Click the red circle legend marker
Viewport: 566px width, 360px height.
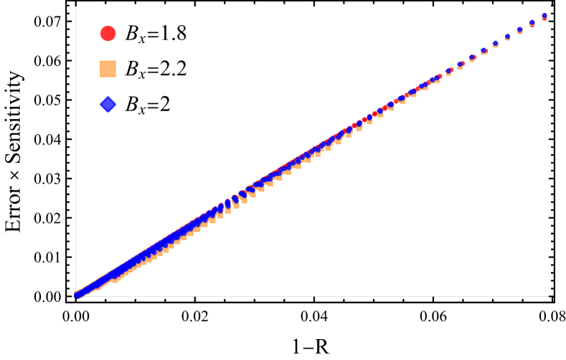coord(108,34)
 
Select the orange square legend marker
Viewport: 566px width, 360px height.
coord(108,69)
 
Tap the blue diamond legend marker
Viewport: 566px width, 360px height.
coord(108,105)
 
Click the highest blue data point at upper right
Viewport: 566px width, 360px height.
coord(544,15)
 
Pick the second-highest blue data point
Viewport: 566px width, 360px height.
coord(532,22)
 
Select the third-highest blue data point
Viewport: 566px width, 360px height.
coord(519,29)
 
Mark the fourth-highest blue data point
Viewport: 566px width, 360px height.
coord(507,36)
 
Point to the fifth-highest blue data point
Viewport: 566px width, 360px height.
coord(495,43)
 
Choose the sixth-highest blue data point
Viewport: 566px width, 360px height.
coord(484,50)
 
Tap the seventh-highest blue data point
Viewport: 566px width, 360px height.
coord(472,57)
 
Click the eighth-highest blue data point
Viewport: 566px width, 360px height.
coord(461,64)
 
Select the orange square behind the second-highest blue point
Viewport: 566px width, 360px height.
coord(532,25)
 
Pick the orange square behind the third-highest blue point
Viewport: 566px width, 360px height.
coord(519,32)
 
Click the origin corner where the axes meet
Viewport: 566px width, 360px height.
coord(76,295)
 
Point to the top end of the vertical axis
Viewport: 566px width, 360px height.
coord(76,7)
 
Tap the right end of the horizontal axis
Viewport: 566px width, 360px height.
coord(547,295)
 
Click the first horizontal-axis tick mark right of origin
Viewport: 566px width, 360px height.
coord(194,296)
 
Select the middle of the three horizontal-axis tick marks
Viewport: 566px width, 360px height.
coord(313,296)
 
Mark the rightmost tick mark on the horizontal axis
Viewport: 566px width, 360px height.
coord(433,296)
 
